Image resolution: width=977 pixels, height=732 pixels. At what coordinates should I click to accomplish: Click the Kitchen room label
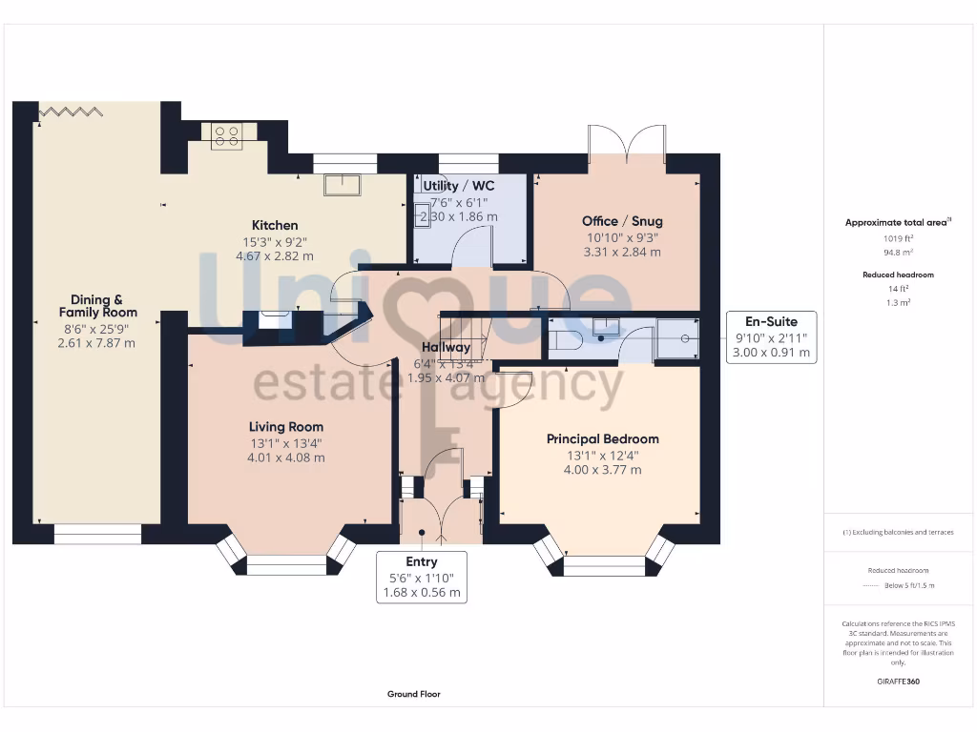pyautogui.click(x=275, y=226)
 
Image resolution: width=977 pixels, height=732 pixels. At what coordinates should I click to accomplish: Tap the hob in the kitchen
pyautogui.click(x=227, y=137)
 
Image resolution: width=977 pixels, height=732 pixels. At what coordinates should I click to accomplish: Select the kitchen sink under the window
pyautogui.click(x=342, y=184)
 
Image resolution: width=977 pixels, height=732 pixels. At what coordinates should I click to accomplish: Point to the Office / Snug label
pyautogui.click(x=621, y=221)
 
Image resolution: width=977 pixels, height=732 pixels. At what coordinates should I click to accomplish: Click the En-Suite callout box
pyautogui.click(x=771, y=336)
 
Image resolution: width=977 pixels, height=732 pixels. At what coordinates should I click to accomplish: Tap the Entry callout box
pyautogui.click(x=421, y=577)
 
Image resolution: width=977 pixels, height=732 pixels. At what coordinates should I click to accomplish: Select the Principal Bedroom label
pyautogui.click(x=602, y=439)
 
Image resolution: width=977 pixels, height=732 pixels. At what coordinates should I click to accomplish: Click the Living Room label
pyautogui.click(x=285, y=427)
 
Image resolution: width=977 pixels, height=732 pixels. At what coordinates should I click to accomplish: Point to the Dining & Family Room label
pyautogui.click(x=97, y=306)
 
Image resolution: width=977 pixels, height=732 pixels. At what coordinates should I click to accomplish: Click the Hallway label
pyautogui.click(x=447, y=348)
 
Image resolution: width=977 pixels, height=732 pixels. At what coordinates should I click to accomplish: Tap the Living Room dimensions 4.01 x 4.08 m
pyautogui.click(x=285, y=457)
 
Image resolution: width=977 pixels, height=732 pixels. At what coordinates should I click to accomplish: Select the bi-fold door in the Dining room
pyautogui.click(x=69, y=112)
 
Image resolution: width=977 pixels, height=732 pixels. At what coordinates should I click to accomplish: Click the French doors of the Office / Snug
pyautogui.click(x=627, y=143)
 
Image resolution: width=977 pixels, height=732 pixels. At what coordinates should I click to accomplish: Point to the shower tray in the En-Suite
pyautogui.click(x=676, y=338)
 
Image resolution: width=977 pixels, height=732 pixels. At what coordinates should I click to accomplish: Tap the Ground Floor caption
pyautogui.click(x=413, y=695)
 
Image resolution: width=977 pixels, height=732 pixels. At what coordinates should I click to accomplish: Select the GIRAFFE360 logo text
pyautogui.click(x=898, y=681)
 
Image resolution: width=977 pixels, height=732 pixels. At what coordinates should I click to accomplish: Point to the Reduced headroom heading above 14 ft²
pyautogui.click(x=897, y=274)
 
